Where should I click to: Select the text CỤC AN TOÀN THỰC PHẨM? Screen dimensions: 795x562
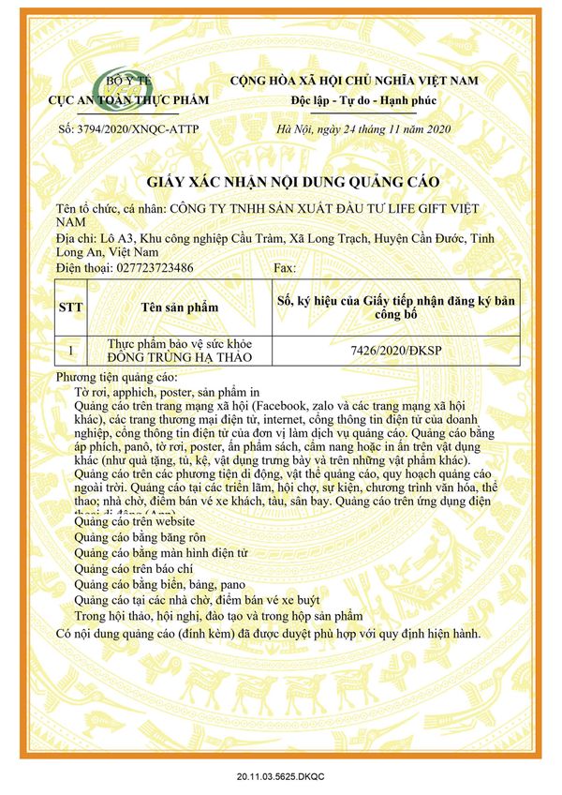[128, 100]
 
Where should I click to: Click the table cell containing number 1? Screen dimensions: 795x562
[71, 351]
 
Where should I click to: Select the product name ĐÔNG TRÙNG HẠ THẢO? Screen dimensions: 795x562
[180, 357]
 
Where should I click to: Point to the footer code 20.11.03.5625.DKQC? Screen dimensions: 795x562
[281, 777]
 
